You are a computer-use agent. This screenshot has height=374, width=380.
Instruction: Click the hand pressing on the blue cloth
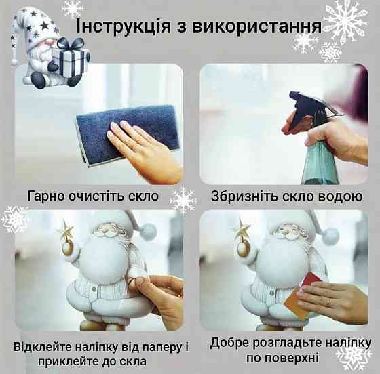[142, 146]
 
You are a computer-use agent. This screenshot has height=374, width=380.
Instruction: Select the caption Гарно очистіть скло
[93, 196]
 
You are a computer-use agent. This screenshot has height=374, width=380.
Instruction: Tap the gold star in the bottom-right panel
[241, 230]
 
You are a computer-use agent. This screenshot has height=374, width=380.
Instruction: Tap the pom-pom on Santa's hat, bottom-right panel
[330, 236]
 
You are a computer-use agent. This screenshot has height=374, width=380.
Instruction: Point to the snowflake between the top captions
[183, 200]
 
